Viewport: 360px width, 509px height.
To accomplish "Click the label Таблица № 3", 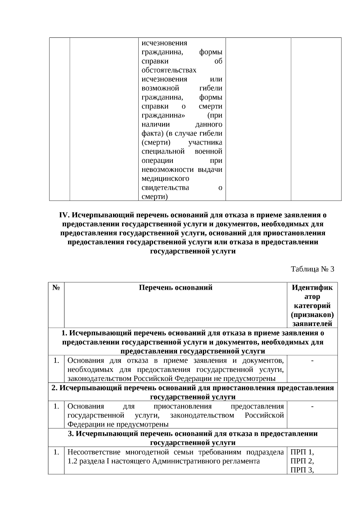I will (312, 269).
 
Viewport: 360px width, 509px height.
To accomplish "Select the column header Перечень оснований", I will (175, 288).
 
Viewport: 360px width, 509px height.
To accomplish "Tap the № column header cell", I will (56, 288).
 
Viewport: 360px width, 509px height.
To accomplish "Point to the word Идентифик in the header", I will (312, 288).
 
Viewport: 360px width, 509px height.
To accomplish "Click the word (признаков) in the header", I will (312, 315).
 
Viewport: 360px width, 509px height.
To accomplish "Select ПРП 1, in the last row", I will (302, 452).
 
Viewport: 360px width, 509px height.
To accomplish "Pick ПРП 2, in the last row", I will (302, 461).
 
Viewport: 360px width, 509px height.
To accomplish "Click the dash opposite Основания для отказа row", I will (312, 361).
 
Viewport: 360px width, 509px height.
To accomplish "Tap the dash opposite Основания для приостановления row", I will (312, 406).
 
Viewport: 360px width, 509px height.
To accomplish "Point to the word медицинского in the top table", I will (165, 178).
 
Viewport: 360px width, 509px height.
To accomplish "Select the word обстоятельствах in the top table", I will (169, 70).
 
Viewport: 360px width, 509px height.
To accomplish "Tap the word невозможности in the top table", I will (167, 169).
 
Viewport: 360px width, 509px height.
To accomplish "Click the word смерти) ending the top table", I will (154, 196).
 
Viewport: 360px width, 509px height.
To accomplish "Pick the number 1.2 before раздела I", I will (72, 461).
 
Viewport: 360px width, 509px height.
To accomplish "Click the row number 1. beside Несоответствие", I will (56, 452).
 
